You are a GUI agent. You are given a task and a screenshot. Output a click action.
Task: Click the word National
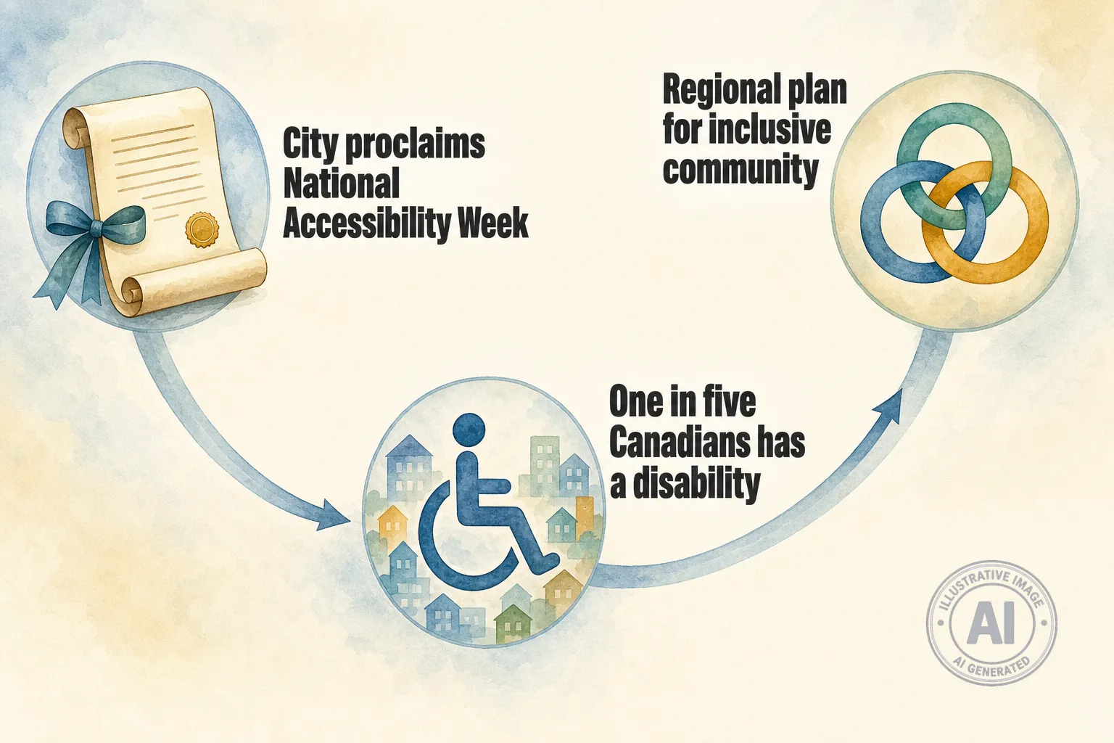tap(341, 183)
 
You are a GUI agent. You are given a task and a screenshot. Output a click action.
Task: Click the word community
tap(740, 169)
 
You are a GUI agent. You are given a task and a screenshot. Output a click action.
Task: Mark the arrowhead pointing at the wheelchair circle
tap(332, 515)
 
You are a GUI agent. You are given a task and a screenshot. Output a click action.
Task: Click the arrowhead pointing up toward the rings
tap(890, 408)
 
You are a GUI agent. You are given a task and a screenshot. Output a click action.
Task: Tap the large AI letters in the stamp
tap(990, 625)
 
